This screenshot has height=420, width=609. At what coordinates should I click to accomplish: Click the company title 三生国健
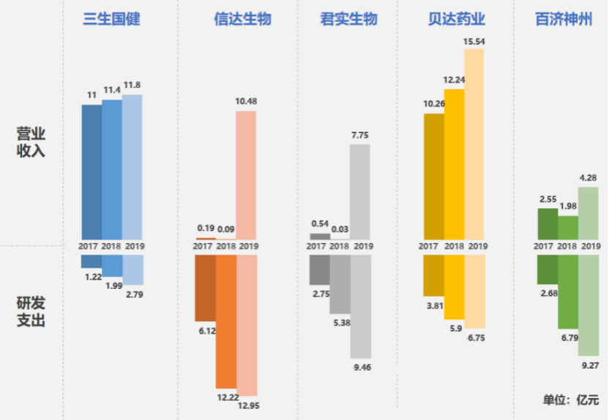point(111,19)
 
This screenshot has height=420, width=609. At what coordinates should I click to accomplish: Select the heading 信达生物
point(237,19)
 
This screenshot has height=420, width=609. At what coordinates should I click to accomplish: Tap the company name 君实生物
point(349,19)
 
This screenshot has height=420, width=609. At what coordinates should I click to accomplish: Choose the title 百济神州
point(564,19)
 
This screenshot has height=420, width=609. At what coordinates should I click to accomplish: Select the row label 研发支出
point(31,311)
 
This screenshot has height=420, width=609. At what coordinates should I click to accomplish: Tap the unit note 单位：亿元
point(570,400)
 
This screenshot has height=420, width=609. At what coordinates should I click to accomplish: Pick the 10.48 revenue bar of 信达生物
point(246,175)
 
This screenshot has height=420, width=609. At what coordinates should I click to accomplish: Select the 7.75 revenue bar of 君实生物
point(359,191)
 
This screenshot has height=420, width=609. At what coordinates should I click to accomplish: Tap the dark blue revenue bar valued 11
point(91,172)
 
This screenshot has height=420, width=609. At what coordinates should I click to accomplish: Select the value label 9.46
point(361,367)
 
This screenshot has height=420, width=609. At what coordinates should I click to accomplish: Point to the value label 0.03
point(340,229)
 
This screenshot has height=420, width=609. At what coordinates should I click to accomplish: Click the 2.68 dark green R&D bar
point(547,269)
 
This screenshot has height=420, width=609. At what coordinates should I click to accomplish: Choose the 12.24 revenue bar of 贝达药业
point(454,164)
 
